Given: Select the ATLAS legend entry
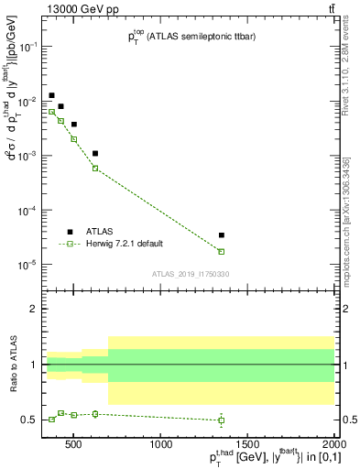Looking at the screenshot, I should click(x=95, y=232).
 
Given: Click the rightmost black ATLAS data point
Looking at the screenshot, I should click(x=222, y=235).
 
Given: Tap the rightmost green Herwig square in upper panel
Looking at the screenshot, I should click(x=222, y=251).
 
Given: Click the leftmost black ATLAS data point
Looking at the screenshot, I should click(x=52, y=95).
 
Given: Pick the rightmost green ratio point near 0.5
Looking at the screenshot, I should click(x=222, y=420).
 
